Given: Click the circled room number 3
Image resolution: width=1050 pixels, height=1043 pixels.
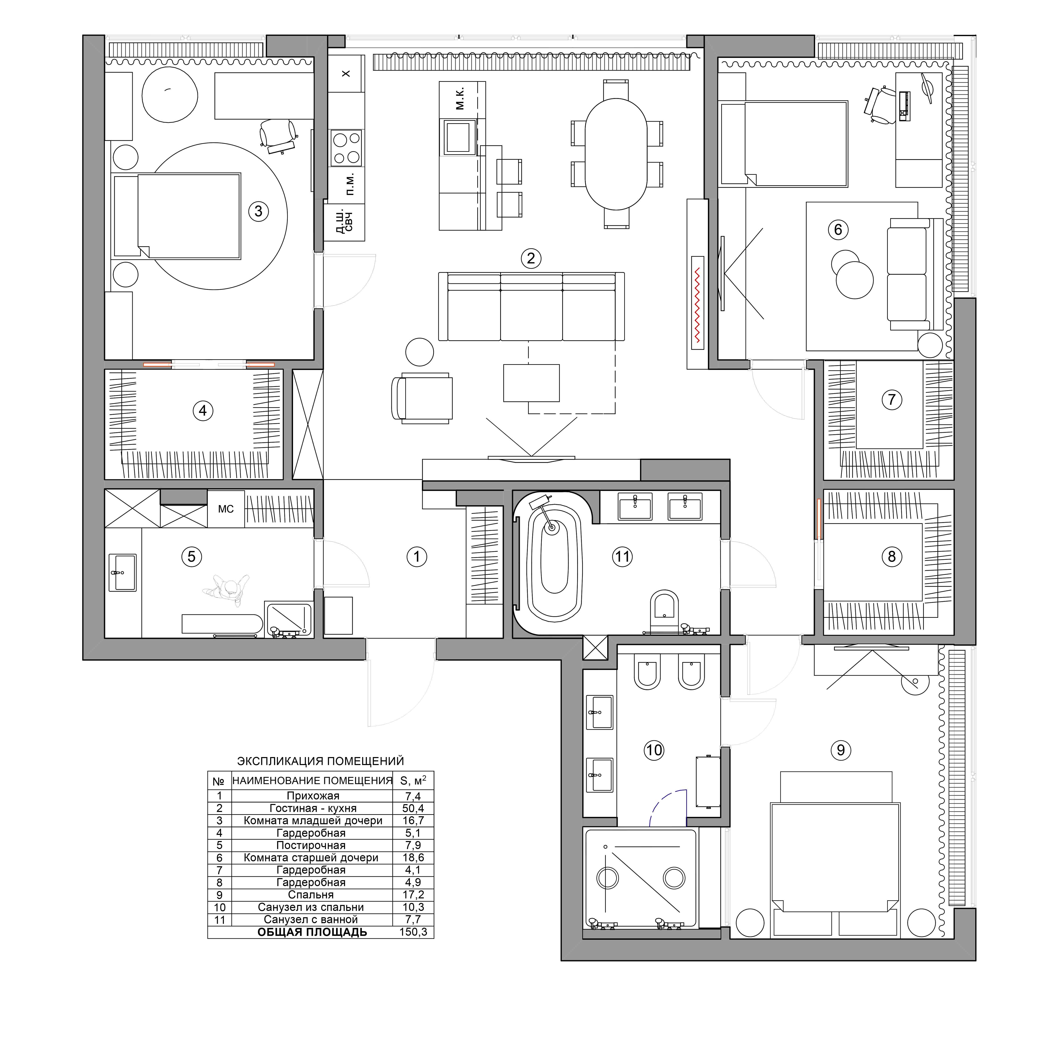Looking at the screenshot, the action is [259, 211].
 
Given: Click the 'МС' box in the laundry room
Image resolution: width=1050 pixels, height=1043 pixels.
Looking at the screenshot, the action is [226, 509].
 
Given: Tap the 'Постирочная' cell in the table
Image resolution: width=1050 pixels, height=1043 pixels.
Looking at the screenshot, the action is [311, 845].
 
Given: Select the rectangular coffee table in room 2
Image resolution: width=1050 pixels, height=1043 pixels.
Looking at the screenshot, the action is [531, 383].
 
